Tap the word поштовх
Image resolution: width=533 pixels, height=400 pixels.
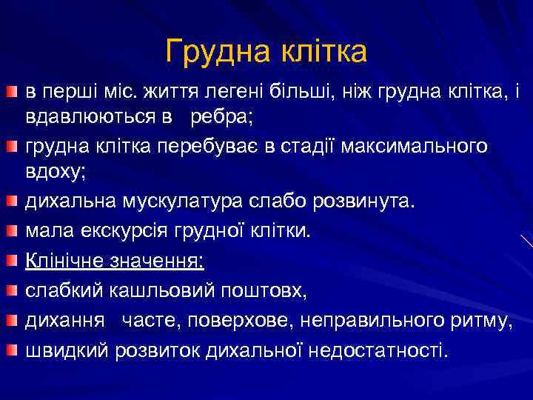click(x=270, y=290)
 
